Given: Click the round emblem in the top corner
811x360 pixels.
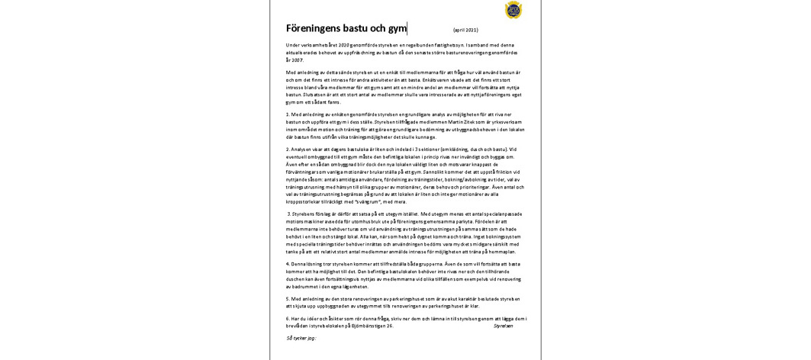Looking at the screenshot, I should tap(513, 10).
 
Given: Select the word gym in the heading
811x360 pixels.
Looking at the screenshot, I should tap(397, 29).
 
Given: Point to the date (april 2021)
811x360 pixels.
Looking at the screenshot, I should tap(465, 30).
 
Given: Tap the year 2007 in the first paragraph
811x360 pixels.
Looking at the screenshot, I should tap(295, 59).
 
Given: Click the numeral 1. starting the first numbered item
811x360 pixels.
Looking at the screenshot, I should tap(288, 114).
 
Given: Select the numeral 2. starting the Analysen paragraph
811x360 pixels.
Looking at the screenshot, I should tap(288, 149).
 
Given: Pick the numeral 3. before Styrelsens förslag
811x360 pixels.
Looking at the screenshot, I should tap(289, 214).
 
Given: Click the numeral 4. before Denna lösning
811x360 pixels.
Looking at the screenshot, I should tap(288, 262).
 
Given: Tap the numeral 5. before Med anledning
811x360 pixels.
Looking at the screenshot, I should tap(288, 298).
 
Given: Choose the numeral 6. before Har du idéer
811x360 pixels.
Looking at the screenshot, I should tap(288, 318).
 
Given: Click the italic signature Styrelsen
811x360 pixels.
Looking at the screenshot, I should tap(503, 326).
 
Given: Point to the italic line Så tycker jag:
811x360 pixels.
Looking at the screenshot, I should tap(301, 337).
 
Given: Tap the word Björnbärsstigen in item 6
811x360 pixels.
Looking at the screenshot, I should tap(366, 325).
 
